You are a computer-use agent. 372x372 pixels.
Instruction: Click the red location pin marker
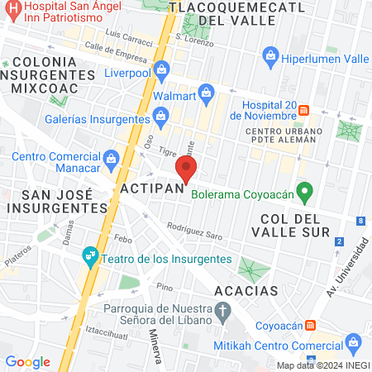pyautogui.click(x=186, y=171)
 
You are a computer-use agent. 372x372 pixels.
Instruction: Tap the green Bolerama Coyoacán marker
pyautogui.click(x=304, y=194)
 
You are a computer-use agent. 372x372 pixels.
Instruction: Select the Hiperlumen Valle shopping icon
pyautogui.click(x=269, y=55)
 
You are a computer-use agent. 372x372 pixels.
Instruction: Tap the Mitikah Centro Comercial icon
pyautogui.click(x=354, y=343)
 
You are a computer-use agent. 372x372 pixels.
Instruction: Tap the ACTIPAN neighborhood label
pyautogui.click(x=146, y=190)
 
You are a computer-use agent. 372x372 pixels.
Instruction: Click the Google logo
pyautogui.click(x=28, y=361)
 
